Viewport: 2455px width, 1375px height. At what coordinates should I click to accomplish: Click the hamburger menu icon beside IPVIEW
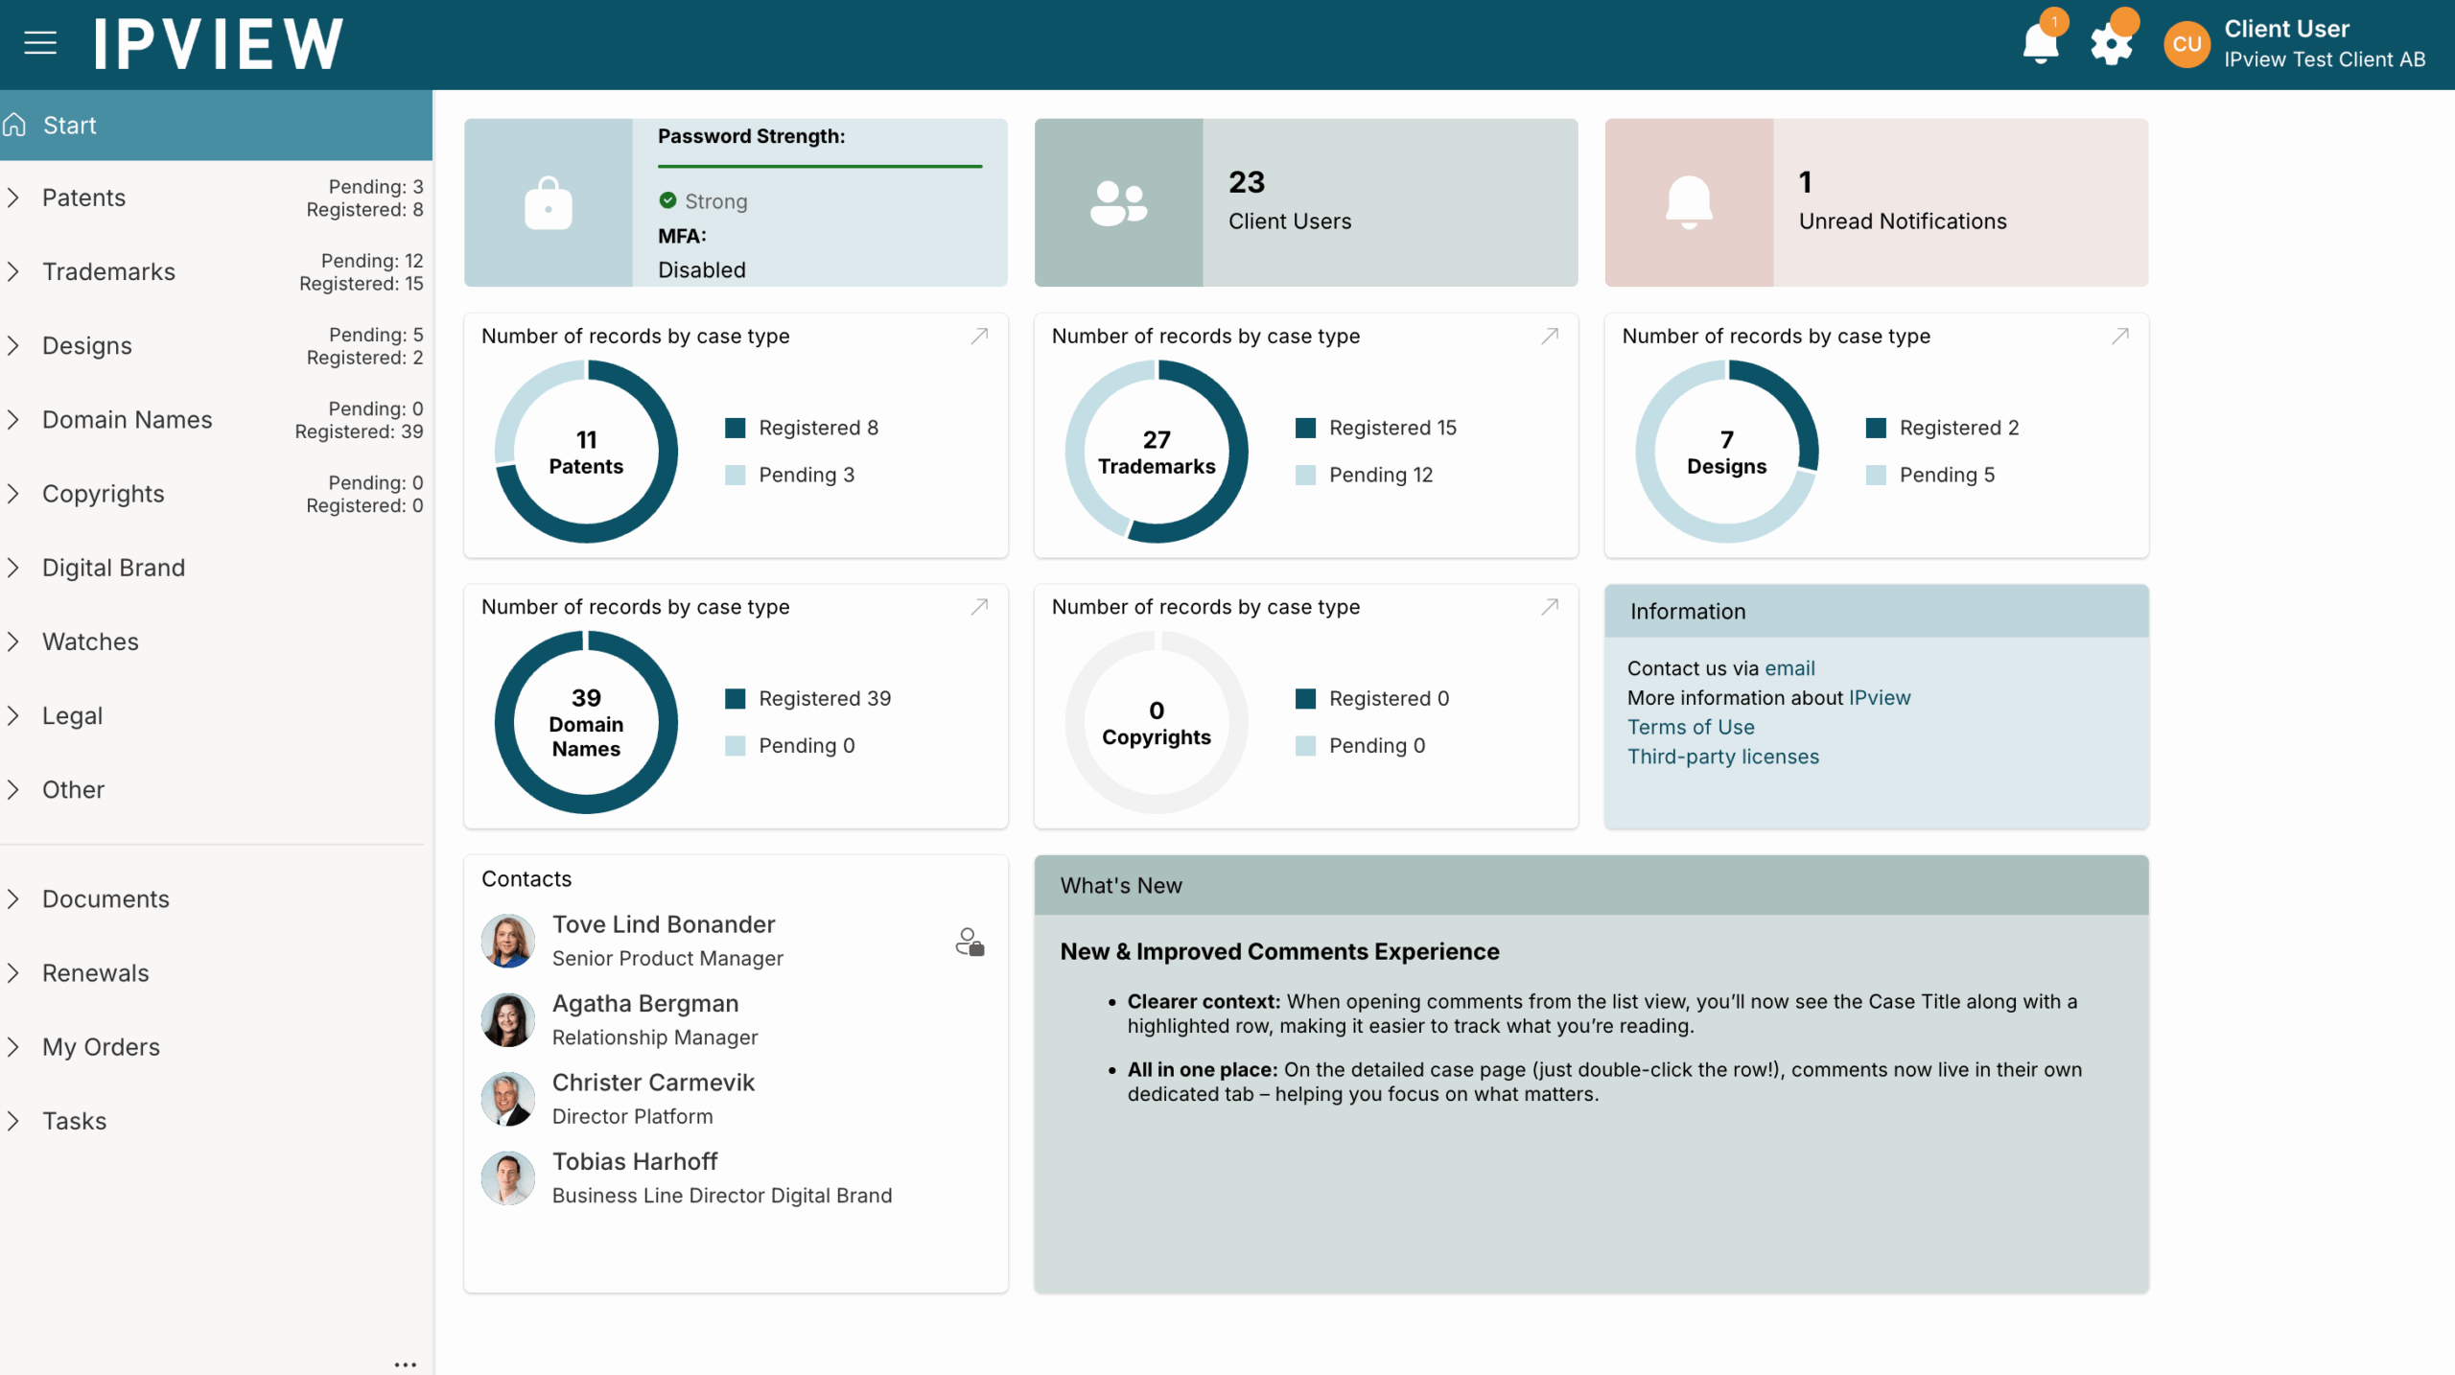pyautogui.click(x=40, y=43)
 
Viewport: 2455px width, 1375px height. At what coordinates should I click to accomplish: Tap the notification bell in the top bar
pyautogui.click(x=2040, y=43)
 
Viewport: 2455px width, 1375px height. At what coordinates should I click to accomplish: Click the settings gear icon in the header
pyautogui.click(x=2111, y=44)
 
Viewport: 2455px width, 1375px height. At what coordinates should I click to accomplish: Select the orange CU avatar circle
pyautogui.click(x=2186, y=44)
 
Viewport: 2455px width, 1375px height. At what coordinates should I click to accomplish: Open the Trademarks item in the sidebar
pyautogui.click(x=108, y=272)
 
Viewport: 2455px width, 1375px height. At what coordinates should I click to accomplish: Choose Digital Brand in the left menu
pyautogui.click(x=113, y=568)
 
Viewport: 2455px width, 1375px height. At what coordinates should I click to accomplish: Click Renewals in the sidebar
pyautogui.click(x=95, y=973)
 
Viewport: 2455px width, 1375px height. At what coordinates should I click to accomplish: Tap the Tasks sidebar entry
pyautogui.click(x=74, y=1121)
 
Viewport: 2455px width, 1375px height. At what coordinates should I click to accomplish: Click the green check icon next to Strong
pyautogui.click(x=668, y=200)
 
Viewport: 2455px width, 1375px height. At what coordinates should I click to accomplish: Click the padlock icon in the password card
pyautogui.click(x=549, y=203)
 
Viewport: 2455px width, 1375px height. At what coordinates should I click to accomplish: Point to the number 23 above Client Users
pyautogui.click(x=1247, y=182)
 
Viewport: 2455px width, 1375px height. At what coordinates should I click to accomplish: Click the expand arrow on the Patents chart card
pyautogui.click(x=979, y=337)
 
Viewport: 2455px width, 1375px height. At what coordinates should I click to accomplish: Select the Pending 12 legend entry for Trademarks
pyautogui.click(x=1380, y=475)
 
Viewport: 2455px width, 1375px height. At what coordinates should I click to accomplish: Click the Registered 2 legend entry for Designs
pyautogui.click(x=1958, y=428)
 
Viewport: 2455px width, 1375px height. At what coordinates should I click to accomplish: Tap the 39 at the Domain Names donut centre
pyautogui.click(x=586, y=698)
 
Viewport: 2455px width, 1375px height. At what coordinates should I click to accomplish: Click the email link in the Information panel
pyautogui.click(x=1789, y=668)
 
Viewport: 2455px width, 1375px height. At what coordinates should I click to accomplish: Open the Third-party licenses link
pyautogui.click(x=1722, y=757)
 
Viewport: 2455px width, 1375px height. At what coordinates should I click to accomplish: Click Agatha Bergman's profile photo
pyautogui.click(x=507, y=1019)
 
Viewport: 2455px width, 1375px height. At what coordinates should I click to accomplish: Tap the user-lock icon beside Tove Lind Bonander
pyautogui.click(x=970, y=942)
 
